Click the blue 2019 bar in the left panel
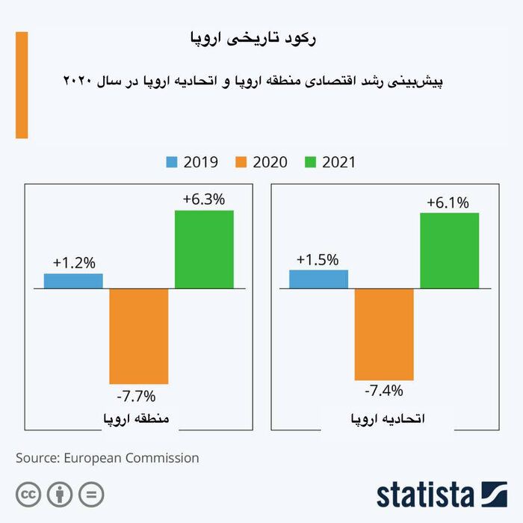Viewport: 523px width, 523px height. [x=73, y=281]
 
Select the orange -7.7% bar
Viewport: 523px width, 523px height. [x=139, y=336]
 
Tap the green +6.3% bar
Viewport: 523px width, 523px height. [x=204, y=249]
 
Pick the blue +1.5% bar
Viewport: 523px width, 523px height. [x=318, y=279]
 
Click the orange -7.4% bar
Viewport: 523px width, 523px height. [x=384, y=334]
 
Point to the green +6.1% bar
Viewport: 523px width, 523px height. [x=449, y=250]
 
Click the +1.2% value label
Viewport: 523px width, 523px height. [x=74, y=263]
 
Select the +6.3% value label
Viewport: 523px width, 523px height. [x=204, y=199]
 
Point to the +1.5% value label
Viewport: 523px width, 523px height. [x=318, y=260]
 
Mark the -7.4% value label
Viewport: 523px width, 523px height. [x=383, y=391]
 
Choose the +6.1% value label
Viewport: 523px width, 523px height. [x=448, y=202]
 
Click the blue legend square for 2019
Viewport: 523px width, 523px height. [x=172, y=162]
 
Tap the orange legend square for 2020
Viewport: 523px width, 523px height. [x=241, y=162]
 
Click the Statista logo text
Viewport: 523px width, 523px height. [x=425, y=495]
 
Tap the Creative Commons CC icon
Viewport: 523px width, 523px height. [x=28, y=494]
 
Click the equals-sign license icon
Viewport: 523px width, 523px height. [x=91, y=494]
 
